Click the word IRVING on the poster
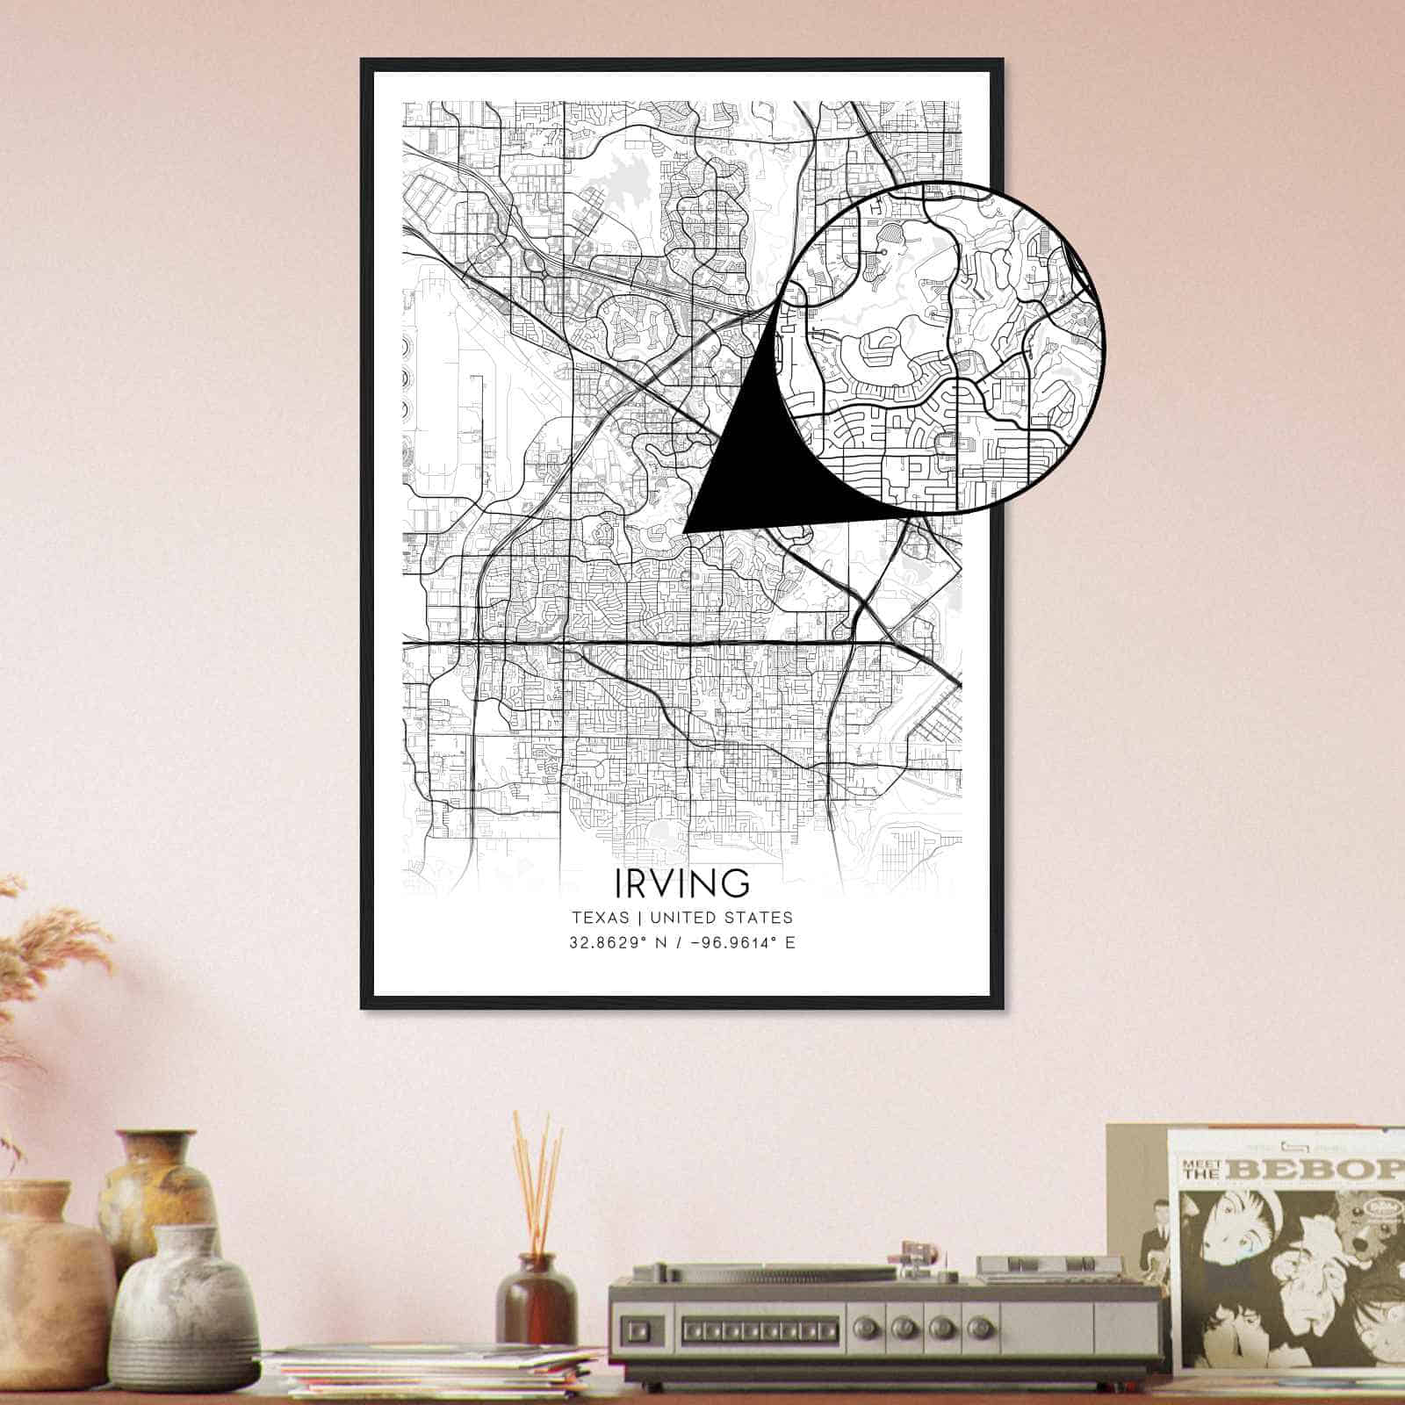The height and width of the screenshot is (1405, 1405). click(682, 882)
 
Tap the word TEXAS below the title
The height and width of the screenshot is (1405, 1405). click(601, 918)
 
